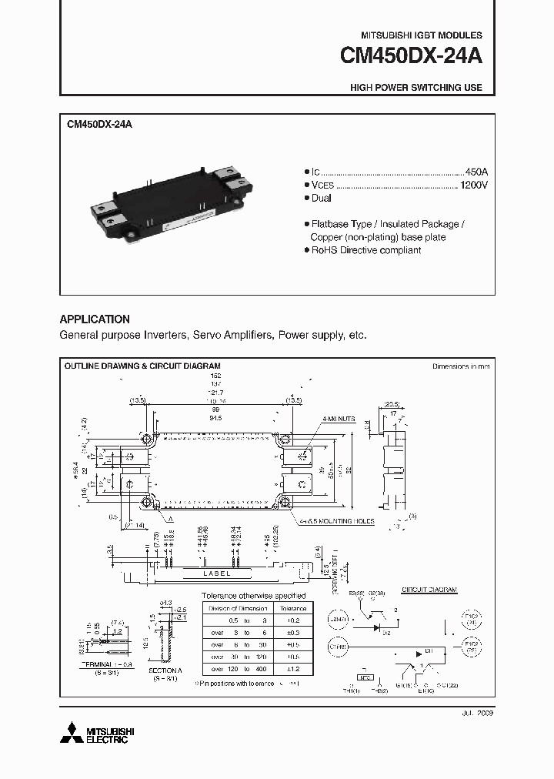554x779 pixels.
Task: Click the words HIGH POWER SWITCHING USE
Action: [x=415, y=88]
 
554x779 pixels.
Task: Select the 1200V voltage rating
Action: [x=474, y=186]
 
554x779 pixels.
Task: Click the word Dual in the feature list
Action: [x=321, y=199]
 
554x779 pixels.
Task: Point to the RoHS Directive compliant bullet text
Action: [x=365, y=251]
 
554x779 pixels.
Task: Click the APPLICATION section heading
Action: [x=95, y=319]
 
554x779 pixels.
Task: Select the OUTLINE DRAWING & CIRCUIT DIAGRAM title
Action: [x=142, y=366]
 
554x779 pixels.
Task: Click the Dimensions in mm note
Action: [x=461, y=367]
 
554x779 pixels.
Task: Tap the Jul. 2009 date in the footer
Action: [x=477, y=714]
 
